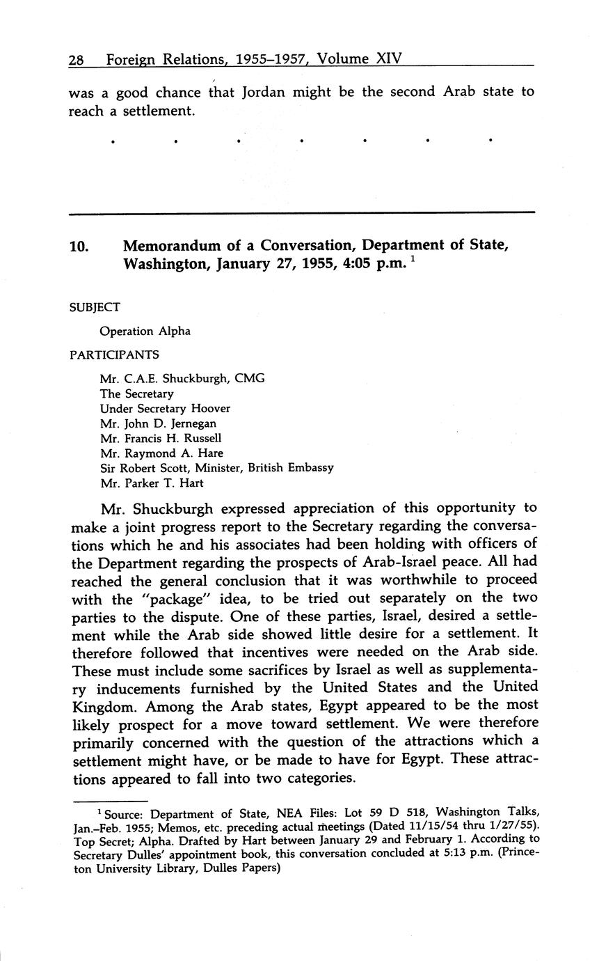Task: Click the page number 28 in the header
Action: tap(77, 60)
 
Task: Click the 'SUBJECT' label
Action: tap(95, 307)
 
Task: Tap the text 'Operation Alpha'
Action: tap(145, 331)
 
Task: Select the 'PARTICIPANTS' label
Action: tap(114, 354)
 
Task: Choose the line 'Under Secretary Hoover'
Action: tap(165, 409)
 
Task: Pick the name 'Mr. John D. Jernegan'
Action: tap(158, 423)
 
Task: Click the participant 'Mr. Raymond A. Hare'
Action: tap(161, 453)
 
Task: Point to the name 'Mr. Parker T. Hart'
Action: tap(152, 483)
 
